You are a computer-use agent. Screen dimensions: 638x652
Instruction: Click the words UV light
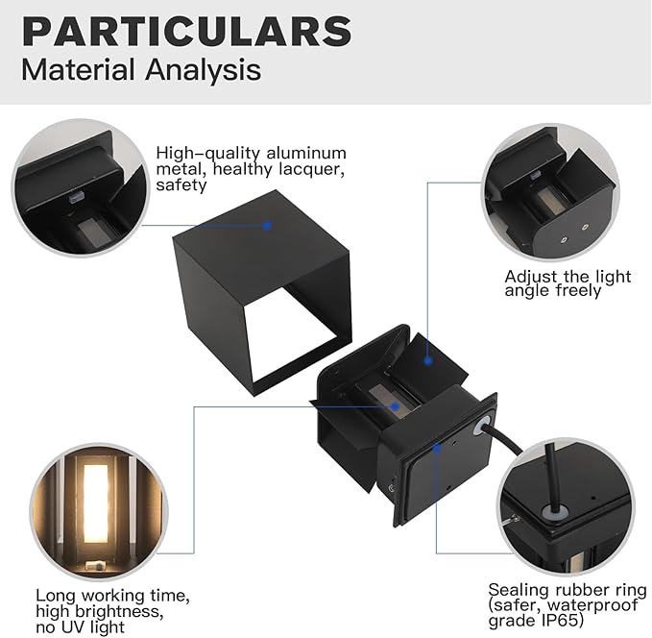(91, 627)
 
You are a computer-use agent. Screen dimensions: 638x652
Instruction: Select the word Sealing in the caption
(519, 589)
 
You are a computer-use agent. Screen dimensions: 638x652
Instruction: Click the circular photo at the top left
(76, 188)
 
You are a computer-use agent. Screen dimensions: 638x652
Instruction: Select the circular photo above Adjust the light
(548, 193)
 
